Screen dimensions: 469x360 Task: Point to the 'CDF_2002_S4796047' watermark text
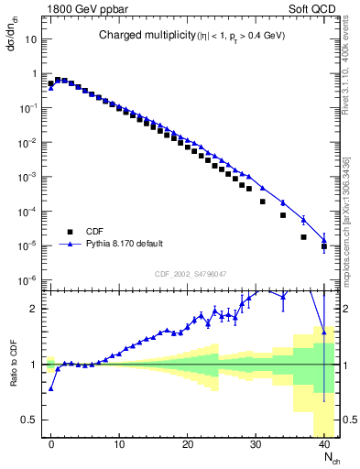click(x=193, y=274)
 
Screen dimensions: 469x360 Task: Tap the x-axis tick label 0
click(x=51, y=443)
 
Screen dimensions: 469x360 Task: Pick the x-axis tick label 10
click(x=119, y=443)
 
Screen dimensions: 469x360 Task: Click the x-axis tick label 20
click(x=188, y=443)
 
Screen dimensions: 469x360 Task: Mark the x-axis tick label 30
click(x=256, y=443)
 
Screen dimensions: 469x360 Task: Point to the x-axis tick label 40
click(x=324, y=443)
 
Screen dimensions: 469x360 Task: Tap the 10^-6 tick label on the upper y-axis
click(x=28, y=280)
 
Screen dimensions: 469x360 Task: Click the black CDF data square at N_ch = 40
click(x=324, y=246)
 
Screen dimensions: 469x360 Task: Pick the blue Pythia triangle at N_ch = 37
click(x=303, y=220)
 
